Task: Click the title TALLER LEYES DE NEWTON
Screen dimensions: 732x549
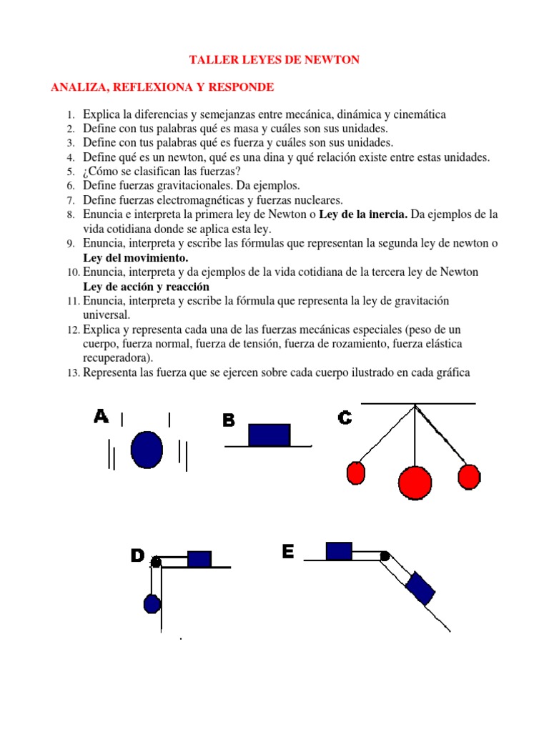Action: [x=274, y=60]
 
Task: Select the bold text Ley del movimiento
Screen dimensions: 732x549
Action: [x=136, y=257]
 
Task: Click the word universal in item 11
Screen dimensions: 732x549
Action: [x=107, y=315]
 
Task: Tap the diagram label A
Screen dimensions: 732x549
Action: [x=101, y=417]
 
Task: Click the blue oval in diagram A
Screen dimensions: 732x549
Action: [x=147, y=448]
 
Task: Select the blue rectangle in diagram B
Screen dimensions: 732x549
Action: [x=269, y=435]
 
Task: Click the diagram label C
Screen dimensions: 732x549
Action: [x=345, y=418]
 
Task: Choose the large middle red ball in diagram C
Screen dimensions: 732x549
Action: [x=415, y=483]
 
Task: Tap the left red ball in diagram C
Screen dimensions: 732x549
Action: [x=356, y=473]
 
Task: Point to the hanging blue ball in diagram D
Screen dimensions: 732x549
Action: [x=152, y=604]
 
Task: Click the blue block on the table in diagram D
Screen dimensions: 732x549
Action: [x=199, y=558]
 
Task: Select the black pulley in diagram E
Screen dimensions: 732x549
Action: [x=385, y=555]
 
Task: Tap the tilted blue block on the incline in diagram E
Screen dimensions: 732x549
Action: [x=420, y=590]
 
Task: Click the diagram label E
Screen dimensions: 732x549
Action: [x=288, y=552]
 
